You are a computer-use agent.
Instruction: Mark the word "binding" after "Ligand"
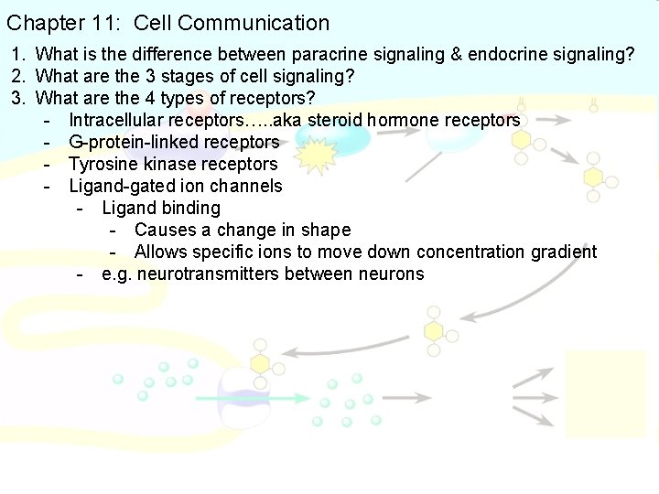coord(189,209)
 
